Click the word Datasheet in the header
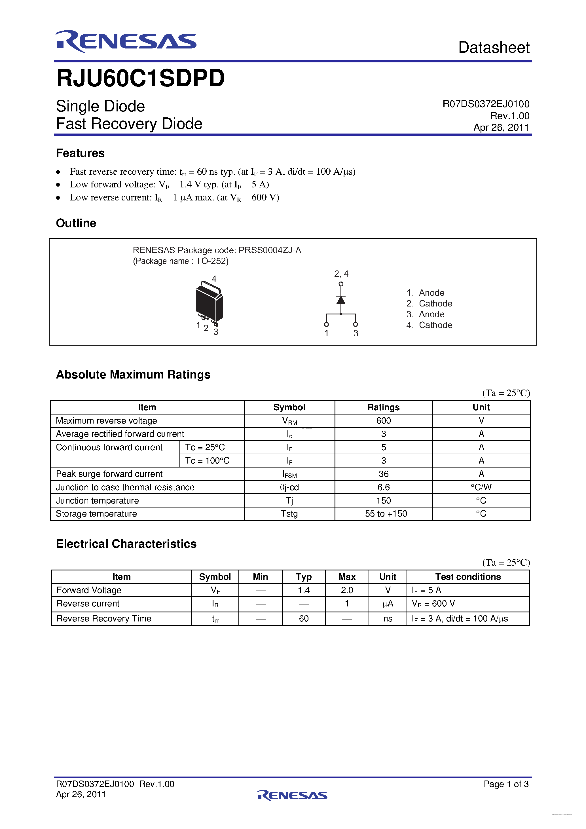[494, 48]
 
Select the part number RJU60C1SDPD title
[140, 78]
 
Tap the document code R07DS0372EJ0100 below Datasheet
[486, 104]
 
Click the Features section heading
[80, 153]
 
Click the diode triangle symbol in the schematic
[340, 300]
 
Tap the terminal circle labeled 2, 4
[340, 284]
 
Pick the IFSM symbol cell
[289, 474]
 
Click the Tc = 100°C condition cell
[207, 461]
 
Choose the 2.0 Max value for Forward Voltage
[347, 590]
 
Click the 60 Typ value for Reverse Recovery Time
[304, 619]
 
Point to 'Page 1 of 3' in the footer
[506, 784]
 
